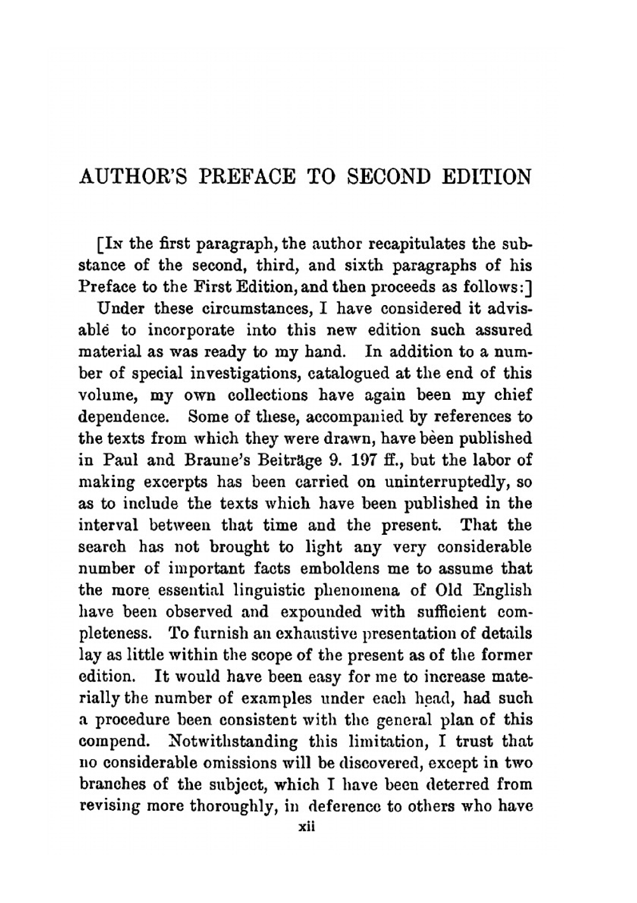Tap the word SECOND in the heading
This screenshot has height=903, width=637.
(389, 176)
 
